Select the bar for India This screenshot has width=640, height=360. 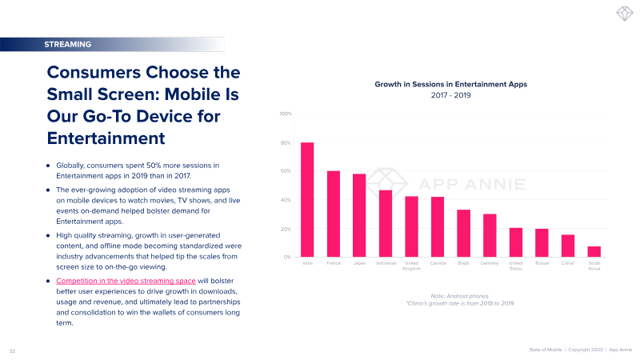pos(307,200)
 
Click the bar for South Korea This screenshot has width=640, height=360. pos(594,251)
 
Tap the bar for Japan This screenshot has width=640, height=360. pos(359,215)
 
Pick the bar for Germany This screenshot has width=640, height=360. pos(490,235)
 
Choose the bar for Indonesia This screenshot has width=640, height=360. pos(386,223)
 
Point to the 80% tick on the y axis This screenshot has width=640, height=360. pos(286,143)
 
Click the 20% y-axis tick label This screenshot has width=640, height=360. pos(286,229)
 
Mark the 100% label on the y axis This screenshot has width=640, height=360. pos(285,114)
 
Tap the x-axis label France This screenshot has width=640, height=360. pos(334,262)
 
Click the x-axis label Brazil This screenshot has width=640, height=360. pos(464,262)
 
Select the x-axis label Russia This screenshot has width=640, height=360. pos(542,262)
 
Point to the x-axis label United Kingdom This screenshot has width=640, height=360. pos(411,266)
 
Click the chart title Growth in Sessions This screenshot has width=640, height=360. pos(451,84)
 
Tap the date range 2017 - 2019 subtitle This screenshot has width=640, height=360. pos(451,96)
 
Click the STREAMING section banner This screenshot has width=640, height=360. pos(69,44)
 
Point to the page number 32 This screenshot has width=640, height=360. pos(12,350)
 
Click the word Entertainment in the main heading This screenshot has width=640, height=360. pos(106,137)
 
